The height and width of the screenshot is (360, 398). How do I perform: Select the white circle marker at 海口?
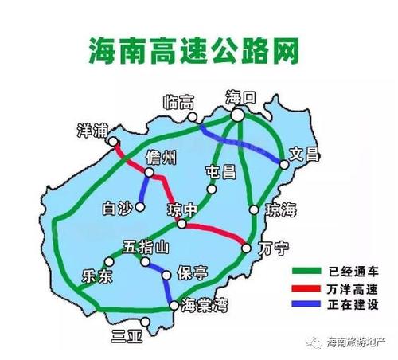[x=238, y=115]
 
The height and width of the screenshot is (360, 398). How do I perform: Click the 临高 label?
[x=178, y=103]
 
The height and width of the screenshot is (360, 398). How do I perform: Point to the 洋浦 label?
[x=92, y=130]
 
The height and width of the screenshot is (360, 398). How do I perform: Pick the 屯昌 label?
[x=220, y=172]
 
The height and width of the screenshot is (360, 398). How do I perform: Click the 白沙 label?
[x=118, y=209]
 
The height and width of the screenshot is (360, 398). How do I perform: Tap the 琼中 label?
[x=181, y=209]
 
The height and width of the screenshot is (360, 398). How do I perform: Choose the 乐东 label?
[x=98, y=276]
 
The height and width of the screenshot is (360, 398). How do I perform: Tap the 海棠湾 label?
[x=205, y=306]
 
